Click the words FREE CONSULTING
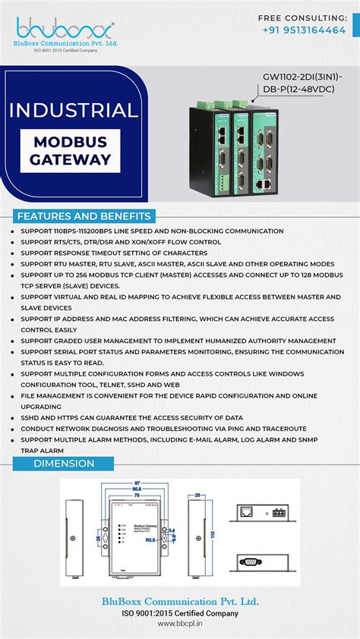point(302,17)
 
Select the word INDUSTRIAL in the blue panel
point(74,109)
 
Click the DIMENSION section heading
point(64,463)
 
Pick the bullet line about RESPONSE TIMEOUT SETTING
point(114,253)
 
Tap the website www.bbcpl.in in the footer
point(180,624)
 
